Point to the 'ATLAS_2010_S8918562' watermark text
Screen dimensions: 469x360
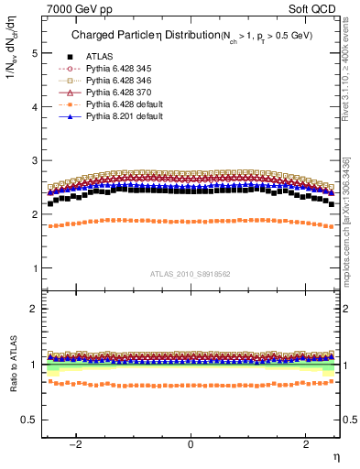[x=190, y=273]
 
